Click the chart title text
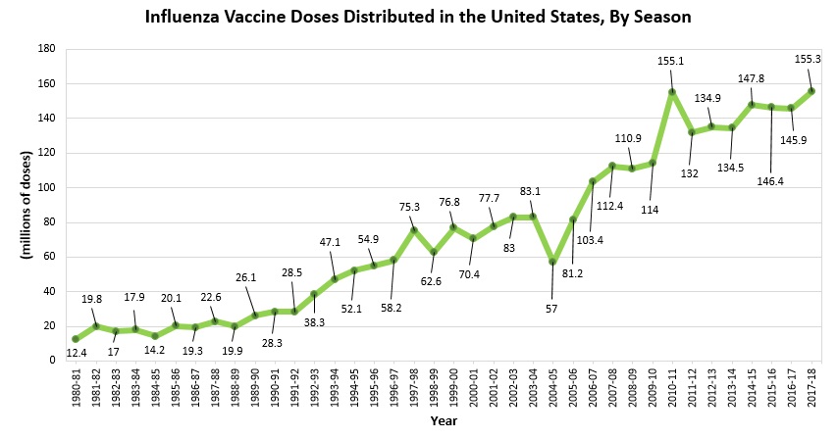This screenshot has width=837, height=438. tap(418, 17)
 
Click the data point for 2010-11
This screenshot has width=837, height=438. tap(671, 92)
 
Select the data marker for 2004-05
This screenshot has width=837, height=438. tap(552, 262)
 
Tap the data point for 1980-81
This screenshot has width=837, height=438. tap(76, 339)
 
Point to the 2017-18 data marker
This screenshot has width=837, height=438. tap(811, 91)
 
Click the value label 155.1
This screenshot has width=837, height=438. tap(672, 61)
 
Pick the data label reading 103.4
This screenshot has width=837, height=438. tap(592, 239)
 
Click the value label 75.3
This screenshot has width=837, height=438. tap(411, 207)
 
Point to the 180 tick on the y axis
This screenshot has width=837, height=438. tap(46, 48)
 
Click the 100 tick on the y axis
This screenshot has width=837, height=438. tap(46, 187)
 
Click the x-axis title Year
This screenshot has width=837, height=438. tap(444, 421)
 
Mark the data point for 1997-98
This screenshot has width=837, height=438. tap(413, 229)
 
